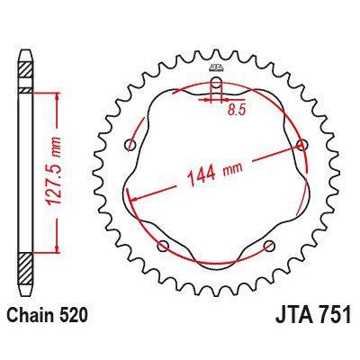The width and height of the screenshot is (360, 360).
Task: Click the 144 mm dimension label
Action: click(x=214, y=173)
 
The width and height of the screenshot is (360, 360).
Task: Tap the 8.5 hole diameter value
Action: click(x=237, y=111)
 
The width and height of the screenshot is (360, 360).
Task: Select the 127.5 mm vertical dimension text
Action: click(x=54, y=171)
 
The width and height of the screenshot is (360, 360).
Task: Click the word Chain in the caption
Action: click(x=29, y=316)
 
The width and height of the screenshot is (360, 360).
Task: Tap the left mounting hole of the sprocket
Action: click(x=130, y=145)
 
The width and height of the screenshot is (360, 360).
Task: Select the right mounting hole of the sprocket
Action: click(x=302, y=145)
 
